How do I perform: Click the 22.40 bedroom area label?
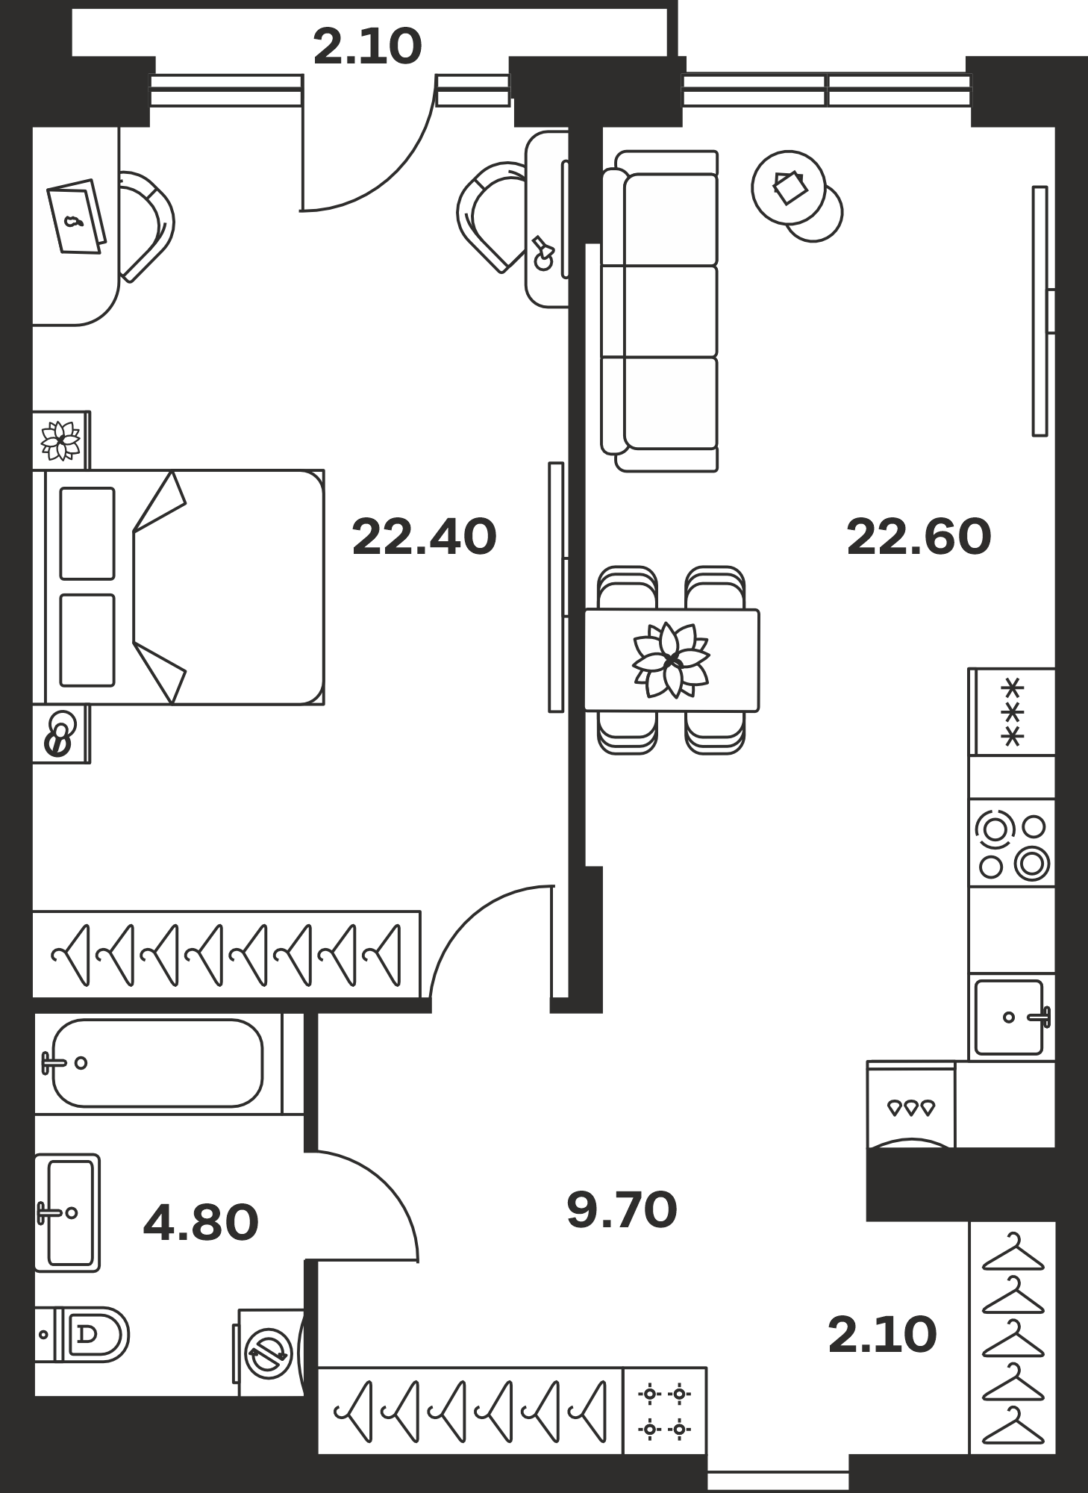[x=424, y=537]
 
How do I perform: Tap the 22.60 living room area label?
[x=919, y=537]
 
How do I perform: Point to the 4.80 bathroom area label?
[x=201, y=1223]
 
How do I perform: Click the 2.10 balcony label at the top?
[x=368, y=46]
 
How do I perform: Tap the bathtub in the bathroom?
[x=157, y=1063]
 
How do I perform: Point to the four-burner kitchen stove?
[x=1012, y=844]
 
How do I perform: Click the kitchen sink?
[x=1012, y=1017]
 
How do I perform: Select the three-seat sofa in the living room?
[x=660, y=311]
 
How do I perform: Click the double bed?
[x=179, y=587]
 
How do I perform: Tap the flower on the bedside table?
[x=60, y=440]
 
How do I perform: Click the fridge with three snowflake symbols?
[x=1012, y=711]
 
